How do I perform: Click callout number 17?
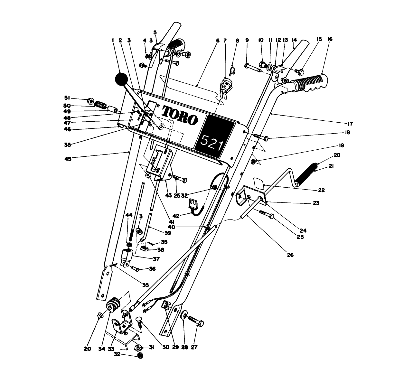[x=350, y=124]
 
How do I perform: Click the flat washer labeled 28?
[x=185, y=314]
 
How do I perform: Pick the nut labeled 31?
[x=139, y=348]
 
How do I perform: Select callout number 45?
[x=68, y=158]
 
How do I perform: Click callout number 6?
[x=217, y=41]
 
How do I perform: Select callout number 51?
[x=67, y=98]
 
